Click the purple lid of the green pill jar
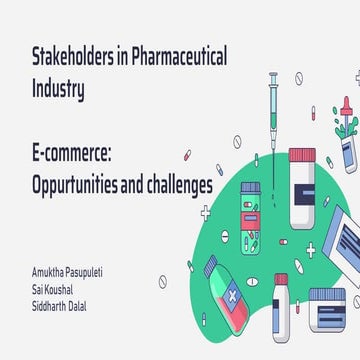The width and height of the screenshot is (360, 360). [250, 187]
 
